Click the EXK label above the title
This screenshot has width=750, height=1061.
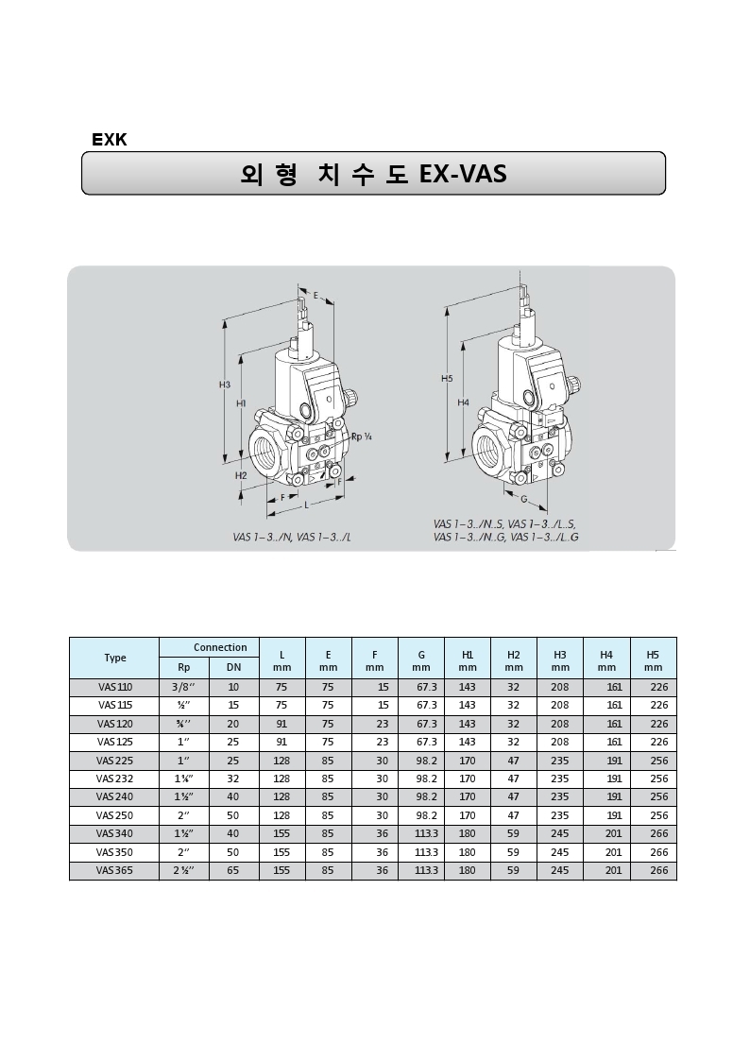(109, 140)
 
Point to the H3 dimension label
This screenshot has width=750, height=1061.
(225, 385)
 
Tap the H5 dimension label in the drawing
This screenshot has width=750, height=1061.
(447, 378)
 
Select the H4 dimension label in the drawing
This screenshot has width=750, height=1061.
(463, 402)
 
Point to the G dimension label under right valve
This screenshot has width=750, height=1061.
(522, 497)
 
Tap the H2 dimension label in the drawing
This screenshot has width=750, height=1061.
(241, 475)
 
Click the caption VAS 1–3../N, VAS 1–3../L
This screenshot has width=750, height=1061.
(292, 537)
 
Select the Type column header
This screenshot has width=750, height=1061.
(114, 658)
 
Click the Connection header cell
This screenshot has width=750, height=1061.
(220, 647)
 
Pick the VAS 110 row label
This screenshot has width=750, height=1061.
(114, 687)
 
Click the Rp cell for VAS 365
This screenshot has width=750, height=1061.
(183, 870)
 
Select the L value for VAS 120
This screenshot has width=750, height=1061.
(281, 724)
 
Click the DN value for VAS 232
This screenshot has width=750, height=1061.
(233, 779)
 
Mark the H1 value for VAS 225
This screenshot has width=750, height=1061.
(467, 761)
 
